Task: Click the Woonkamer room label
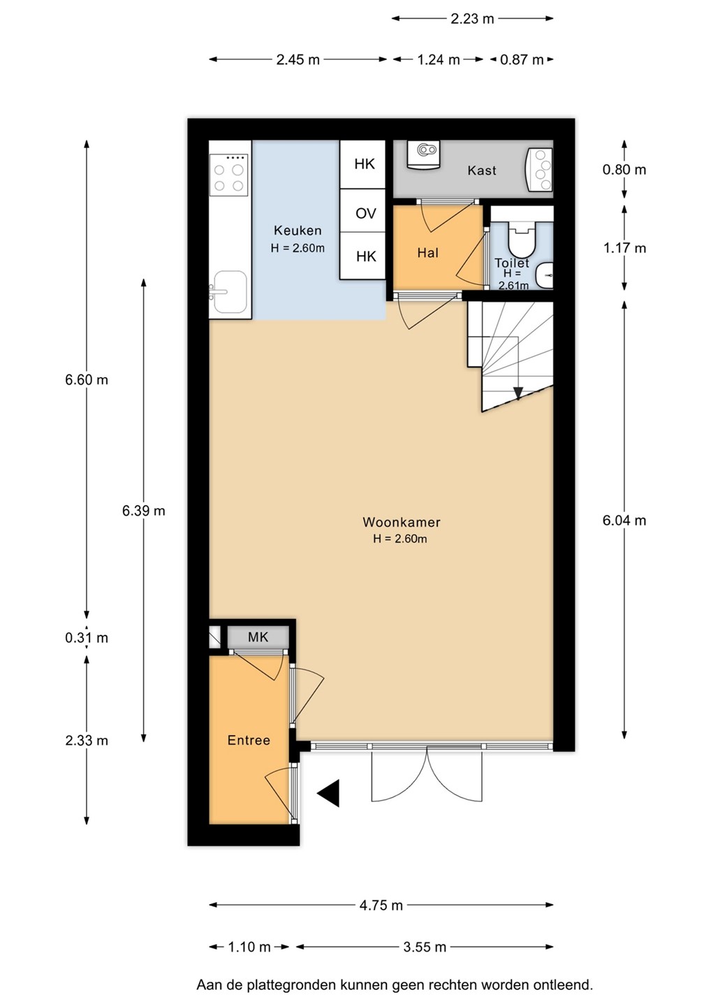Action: coord(402,522)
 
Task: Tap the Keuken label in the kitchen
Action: coord(298,231)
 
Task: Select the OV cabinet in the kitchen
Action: coord(362,211)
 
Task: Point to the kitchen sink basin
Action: coord(230,292)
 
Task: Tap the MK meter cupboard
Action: coord(258,637)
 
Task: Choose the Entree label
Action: coord(249,740)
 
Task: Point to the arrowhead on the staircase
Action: coord(518,393)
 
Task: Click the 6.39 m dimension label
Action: coord(144,511)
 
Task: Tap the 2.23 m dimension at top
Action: coord(472,19)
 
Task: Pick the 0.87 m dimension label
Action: coord(522,60)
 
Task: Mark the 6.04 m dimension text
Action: coord(624,520)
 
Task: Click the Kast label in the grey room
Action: coord(482,170)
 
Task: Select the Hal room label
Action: coord(427,253)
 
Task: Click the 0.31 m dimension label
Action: coord(87,638)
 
